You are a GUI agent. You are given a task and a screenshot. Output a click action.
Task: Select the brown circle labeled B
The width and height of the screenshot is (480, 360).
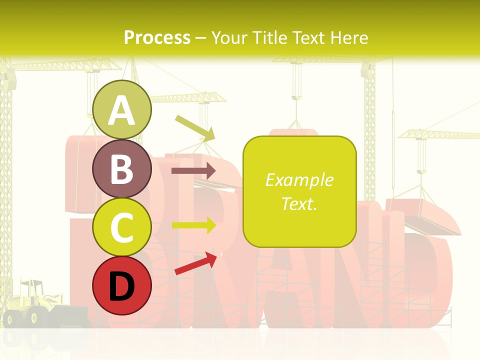click(121, 168)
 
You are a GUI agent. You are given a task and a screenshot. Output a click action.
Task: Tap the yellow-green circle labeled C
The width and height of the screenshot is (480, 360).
click(121, 227)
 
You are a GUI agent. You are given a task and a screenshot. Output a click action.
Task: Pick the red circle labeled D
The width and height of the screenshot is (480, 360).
click(121, 285)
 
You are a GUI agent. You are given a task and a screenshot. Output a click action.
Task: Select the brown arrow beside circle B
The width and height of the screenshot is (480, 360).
click(193, 170)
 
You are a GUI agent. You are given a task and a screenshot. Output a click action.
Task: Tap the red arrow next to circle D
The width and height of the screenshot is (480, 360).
click(196, 263)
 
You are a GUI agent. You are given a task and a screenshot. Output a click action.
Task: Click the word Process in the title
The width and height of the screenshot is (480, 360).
click(157, 37)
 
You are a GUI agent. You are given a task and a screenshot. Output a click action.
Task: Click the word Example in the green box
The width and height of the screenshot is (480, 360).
click(299, 180)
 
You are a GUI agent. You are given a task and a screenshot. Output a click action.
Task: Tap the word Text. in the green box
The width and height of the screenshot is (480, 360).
click(299, 203)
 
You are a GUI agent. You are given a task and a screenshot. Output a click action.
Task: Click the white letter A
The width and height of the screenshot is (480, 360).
click(121, 110)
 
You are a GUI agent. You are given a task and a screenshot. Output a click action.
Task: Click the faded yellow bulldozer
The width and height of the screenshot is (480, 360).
click(32, 305)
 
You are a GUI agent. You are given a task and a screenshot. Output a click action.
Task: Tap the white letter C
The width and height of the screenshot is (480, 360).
click(121, 227)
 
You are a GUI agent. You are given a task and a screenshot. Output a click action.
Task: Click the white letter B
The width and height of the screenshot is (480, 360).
click(121, 169)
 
